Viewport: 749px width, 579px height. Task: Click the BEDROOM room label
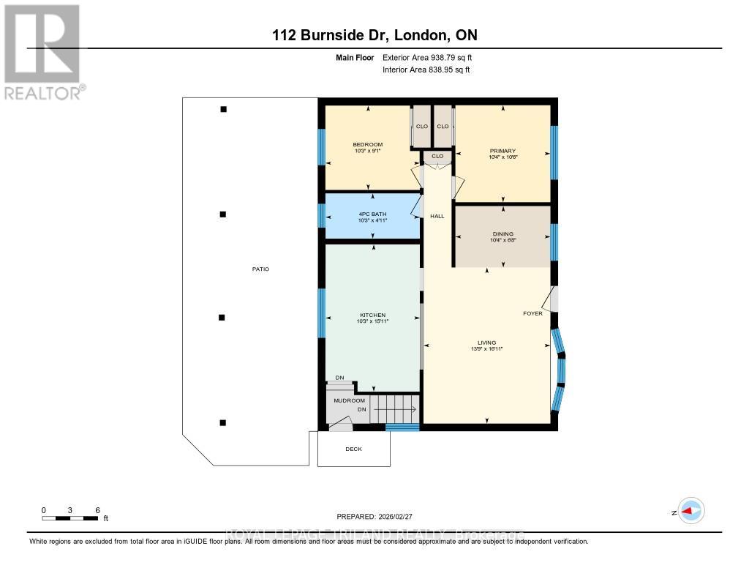coord(368,144)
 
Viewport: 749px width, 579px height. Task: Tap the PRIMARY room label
coord(503,151)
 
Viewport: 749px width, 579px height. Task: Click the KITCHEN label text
coord(372,315)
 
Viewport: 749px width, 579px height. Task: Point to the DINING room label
coord(503,234)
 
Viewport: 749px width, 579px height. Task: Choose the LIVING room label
coord(486,343)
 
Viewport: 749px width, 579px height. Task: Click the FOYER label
coord(532,313)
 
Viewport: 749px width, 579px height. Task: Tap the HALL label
coord(437,216)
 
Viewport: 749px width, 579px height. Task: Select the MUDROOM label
coord(349,400)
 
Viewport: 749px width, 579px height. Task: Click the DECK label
coord(354,449)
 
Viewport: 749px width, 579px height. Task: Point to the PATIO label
coord(260,269)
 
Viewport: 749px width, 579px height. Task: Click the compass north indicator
coord(690,512)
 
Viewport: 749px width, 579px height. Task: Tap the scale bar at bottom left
coord(70,518)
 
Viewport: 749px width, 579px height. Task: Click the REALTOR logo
coord(42,52)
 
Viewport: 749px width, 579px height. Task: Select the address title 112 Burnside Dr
coord(374,35)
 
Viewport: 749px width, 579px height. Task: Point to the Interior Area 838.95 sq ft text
coord(426,70)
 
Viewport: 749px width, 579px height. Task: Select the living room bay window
coord(559,368)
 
